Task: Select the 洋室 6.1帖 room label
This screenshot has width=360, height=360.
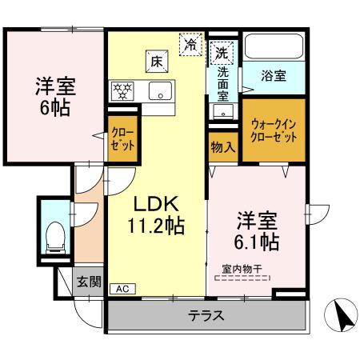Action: pos(256,229)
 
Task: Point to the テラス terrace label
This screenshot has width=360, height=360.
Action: pos(206,315)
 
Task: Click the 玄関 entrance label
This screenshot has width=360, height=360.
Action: pos(88,281)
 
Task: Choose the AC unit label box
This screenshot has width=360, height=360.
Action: pos(121,289)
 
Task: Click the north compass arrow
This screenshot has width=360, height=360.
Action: pos(342,317)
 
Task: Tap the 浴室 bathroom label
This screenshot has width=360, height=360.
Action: pos(274,77)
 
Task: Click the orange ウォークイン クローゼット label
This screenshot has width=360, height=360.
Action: pos(274,130)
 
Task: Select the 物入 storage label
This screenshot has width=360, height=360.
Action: pos(223,147)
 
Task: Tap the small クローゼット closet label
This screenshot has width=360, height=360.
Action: pos(122,140)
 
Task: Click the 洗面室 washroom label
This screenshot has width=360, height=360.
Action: pos(223,82)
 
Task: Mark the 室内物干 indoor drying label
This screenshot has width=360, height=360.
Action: pos(242,271)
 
